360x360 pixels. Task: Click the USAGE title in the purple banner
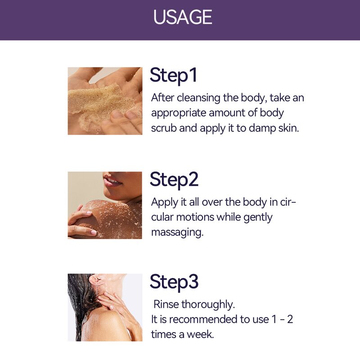[x=182, y=18]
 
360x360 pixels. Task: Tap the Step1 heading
[x=173, y=75]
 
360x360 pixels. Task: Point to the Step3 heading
[x=174, y=282]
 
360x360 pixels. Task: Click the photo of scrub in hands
[x=105, y=101]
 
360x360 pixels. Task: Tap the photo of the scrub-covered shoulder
[x=105, y=205]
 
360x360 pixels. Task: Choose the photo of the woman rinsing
[x=105, y=307]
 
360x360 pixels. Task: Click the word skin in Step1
[x=288, y=128]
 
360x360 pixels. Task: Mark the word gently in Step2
[x=258, y=217]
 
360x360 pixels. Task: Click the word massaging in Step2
[x=177, y=233]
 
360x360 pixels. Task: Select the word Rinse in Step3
[x=166, y=305]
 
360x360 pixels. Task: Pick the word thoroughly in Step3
[x=208, y=305]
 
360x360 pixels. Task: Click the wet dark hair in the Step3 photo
[x=79, y=297]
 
